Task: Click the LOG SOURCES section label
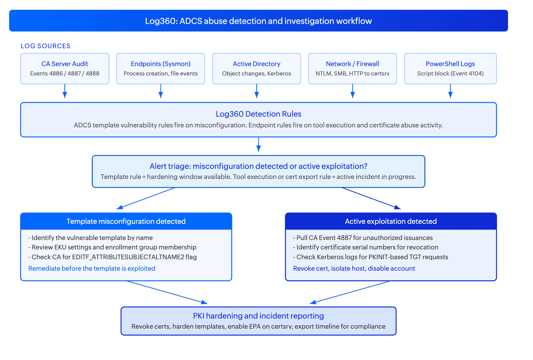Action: [46, 46]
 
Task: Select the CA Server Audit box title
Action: [65, 64]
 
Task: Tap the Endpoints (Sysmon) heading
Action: [161, 64]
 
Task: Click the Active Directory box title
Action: [256, 64]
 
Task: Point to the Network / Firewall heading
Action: [353, 64]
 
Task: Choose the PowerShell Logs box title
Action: [450, 64]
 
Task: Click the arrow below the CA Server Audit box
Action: [65, 91]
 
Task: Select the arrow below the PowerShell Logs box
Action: [450, 91]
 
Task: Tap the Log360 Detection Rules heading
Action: [258, 114]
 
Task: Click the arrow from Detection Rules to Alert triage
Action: [259, 144]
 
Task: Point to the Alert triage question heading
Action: [258, 166]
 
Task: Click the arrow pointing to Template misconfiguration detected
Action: [146, 198]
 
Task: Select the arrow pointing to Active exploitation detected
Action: [371, 198]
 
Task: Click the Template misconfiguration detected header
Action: [126, 221]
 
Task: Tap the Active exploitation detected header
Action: [391, 221]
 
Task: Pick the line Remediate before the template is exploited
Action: [92, 268]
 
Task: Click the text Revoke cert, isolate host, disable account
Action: [354, 268]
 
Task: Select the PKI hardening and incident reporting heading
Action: [258, 316]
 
